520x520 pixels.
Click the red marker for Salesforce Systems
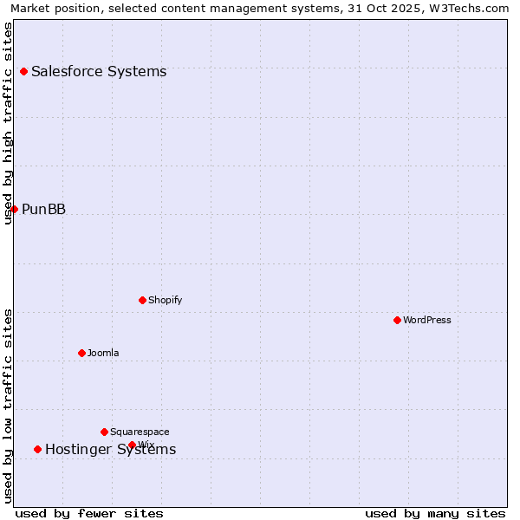point(23,71)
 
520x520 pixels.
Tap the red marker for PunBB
point(14,209)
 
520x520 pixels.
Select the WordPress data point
point(397,320)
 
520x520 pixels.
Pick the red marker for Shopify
point(142,300)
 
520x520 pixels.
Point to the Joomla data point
point(81,353)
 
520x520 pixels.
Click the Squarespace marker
point(104,432)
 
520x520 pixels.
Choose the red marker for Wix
point(132,445)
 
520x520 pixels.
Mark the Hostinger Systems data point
point(37,449)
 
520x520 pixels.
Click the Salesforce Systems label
point(99,71)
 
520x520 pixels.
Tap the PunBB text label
point(43,209)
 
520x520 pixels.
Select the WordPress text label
point(427,320)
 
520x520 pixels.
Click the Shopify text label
point(165,300)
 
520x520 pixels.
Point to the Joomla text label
point(103,353)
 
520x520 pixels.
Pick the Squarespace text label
point(140,432)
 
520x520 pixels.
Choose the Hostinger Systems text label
point(110,449)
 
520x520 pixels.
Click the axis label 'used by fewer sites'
point(89,513)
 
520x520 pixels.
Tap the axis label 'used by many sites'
point(435,513)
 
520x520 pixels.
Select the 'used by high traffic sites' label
point(8,123)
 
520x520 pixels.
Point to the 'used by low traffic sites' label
point(8,406)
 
